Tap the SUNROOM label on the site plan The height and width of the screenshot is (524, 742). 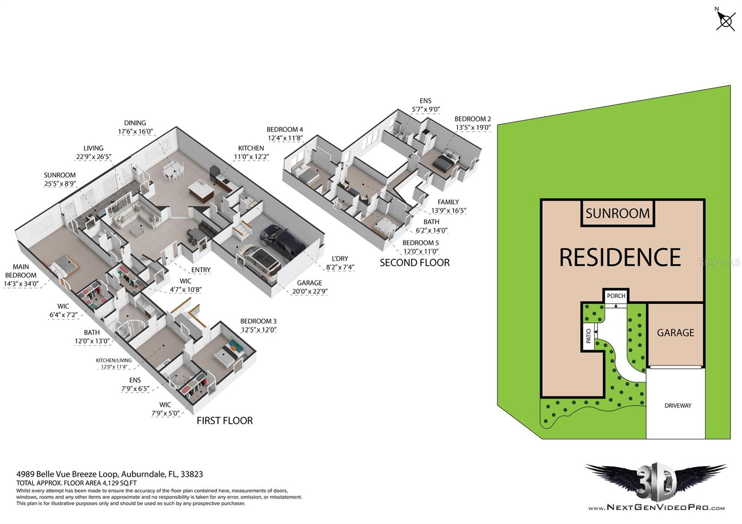tap(617, 213)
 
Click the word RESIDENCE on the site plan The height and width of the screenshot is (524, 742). tap(620, 257)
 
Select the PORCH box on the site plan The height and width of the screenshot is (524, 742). tap(616, 296)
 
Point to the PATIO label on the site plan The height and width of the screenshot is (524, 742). tap(588, 336)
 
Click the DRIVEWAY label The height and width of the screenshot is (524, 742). tap(678, 406)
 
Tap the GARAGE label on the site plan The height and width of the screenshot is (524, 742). tap(675, 333)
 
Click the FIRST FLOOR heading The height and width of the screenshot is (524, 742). tap(224, 421)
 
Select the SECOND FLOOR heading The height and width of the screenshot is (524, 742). tap(415, 262)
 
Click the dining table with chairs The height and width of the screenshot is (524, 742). tap(172, 172)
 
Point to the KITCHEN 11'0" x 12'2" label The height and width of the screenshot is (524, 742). tap(251, 153)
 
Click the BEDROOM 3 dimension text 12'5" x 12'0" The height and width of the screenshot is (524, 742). tap(259, 330)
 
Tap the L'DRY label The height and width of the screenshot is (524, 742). tap(340, 259)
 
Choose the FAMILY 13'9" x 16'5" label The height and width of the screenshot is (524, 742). tap(448, 206)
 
